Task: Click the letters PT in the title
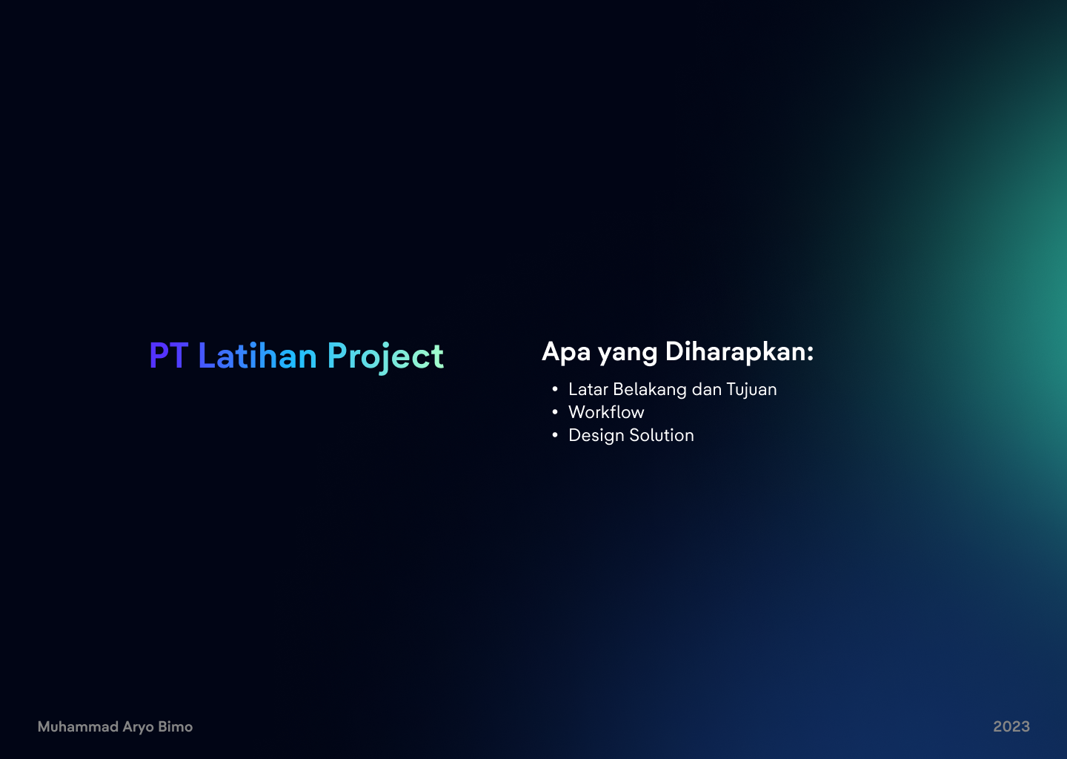[168, 356]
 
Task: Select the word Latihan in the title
[257, 356]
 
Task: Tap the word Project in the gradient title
[385, 357]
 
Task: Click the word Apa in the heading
[566, 352]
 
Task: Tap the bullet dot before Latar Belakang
[555, 389]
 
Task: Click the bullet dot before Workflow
[555, 412]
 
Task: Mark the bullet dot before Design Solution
[555, 435]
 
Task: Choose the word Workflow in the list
[606, 412]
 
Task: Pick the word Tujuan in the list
[751, 390]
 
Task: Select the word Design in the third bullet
[596, 436]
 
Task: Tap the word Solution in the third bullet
[662, 435]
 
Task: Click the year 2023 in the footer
[1011, 726]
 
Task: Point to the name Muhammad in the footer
[78, 727]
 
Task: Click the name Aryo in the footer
[138, 727]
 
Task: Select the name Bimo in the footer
[176, 726]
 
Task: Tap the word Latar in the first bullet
[588, 390]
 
